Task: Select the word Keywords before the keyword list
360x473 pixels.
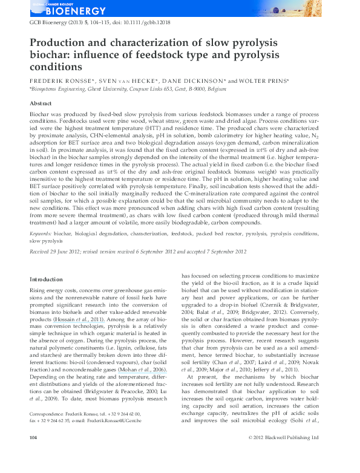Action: coord(41,233)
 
